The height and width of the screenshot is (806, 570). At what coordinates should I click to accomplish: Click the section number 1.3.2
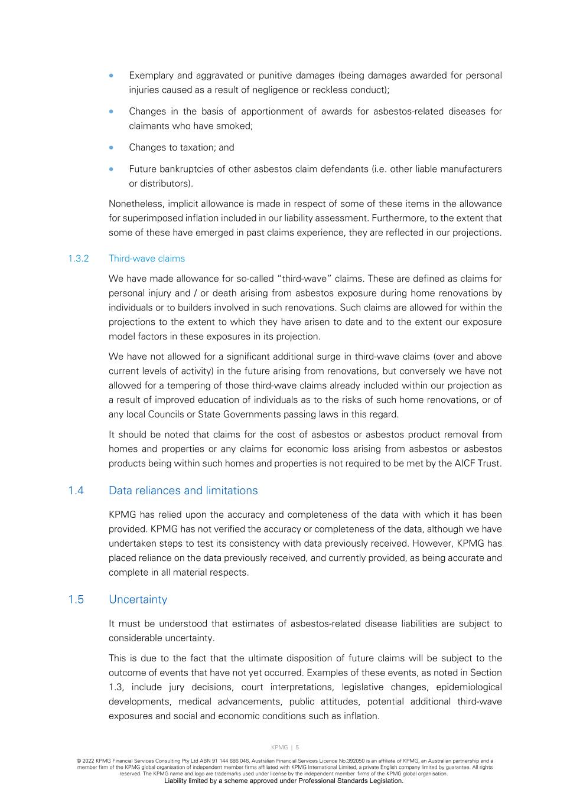pyautogui.click(x=78, y=259)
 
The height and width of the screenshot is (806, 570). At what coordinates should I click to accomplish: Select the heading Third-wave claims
pyautogui.click(x=146, y=259)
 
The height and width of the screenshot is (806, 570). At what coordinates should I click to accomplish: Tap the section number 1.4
pyautogui.click(x=76, y=491)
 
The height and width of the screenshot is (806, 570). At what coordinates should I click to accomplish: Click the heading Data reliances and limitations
pyautogui.click(x=183, y=491)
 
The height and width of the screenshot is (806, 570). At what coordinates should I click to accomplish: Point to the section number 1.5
pyautogui.click(x=76, y=600)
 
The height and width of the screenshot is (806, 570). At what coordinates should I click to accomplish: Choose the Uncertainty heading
pyautogui.click(x=138, y=600)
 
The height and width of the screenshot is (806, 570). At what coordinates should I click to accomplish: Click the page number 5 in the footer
pyautogui.click(x=297, y=748)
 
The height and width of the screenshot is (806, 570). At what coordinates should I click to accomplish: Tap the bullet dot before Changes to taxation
pyautogui.click(x=111, y=148)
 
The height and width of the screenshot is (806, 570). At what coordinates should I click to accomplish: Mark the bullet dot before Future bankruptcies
pyautogui.click(x=111, y=169)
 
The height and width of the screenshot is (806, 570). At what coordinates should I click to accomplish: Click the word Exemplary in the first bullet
pyautogui.click(x=151, y=76)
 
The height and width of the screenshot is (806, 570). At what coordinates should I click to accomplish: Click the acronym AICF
pyautogui.click(x=462, y=464)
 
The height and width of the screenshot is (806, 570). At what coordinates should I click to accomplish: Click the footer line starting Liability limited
pyautogui.click(x=284, y=781)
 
